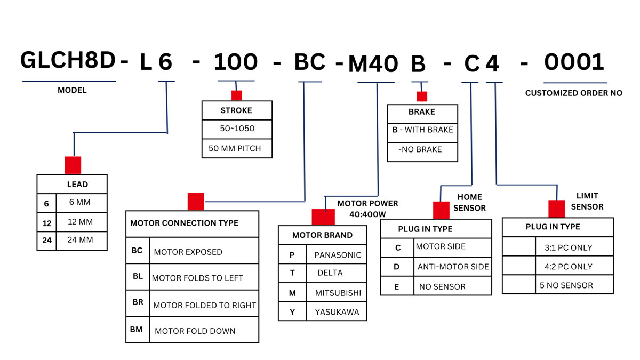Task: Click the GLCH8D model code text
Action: coord(68,61)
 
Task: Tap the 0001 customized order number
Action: coord(574,62)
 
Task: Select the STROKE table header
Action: coord(236,111)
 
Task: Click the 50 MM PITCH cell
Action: coord(235,148)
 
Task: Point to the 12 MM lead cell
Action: coord(80,221)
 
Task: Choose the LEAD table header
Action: coord(77,185)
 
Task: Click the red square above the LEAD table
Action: coord(73,165)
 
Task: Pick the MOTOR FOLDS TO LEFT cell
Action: coord(197,278)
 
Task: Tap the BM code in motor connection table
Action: coord(137,330)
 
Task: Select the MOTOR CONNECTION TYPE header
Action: coord(185,223)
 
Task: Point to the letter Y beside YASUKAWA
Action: coord(292,312)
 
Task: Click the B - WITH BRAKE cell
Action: coord(422,130)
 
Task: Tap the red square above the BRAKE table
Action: coord(422,97)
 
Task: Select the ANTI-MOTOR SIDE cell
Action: coord(453,267)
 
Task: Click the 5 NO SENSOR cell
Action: coord(566,285)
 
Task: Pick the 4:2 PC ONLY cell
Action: coord(569,267)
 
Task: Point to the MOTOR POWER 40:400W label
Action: coord(367,209)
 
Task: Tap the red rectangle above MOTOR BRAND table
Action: coord(323,217)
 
